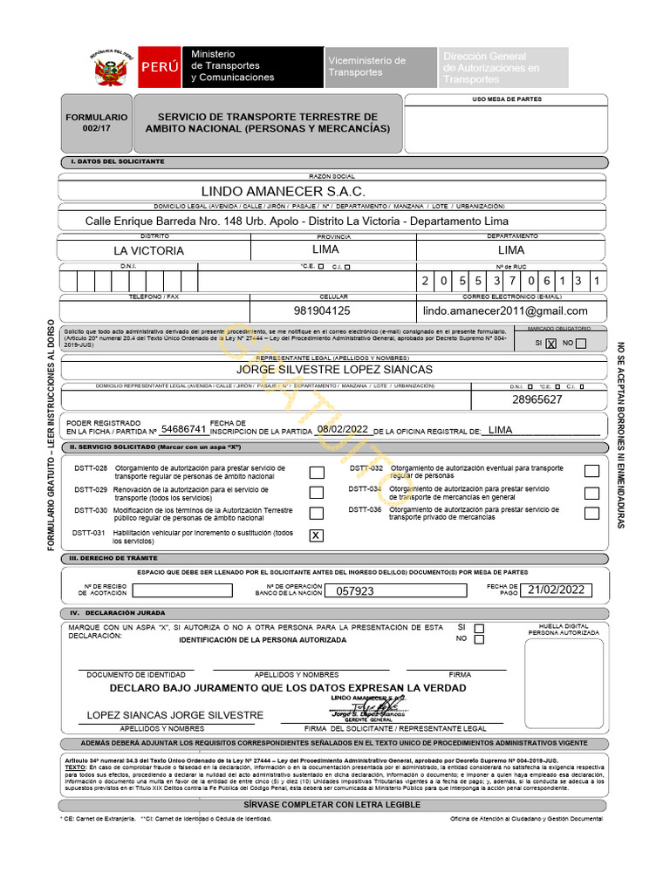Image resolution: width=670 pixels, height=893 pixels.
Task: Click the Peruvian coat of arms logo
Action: click(x=111, y=68)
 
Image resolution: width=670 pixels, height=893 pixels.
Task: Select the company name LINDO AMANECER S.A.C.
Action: click(x=284, y=191)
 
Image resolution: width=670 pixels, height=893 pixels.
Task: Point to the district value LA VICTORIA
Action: click(x=154, y=250)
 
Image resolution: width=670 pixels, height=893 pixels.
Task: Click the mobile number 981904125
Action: click(x=322, y=310)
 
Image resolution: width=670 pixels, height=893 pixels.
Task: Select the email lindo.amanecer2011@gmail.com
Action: click(x=505, y=310)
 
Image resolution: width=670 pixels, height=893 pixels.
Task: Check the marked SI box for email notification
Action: click(x=550, y=344)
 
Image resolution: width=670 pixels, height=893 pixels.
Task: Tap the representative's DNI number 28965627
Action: click(x=537, y=399)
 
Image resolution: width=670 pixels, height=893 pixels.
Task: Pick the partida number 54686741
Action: click(x=183, y=429)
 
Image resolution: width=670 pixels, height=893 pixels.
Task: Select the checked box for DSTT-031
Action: click(x=316, y=535)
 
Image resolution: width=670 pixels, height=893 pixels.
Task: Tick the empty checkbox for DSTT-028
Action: click(x=317, y=472)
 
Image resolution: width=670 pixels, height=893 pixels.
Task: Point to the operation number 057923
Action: click(x=355, y=590)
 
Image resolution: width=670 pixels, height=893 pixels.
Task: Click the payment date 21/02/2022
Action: click(x=555, y=590)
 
